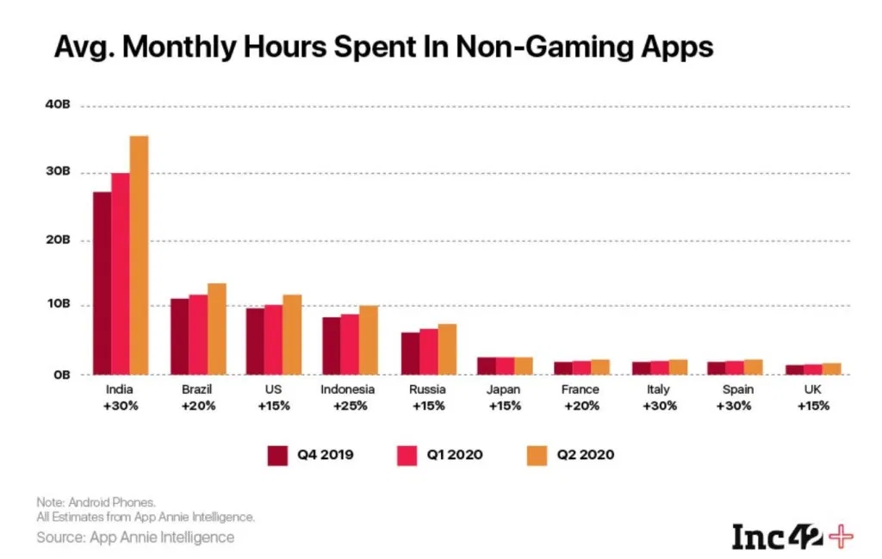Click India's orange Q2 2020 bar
pos(139,255)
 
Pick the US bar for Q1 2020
pos(273,339)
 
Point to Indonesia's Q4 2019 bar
pos(331,345)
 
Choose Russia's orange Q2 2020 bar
pos(446,349)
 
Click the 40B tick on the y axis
pos(57,106)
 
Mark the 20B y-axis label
pos(57,240)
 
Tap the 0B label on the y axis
pos(60,375)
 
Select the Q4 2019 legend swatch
pos(277,454)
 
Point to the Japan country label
pos(505,390)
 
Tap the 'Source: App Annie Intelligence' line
pos(134,537)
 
